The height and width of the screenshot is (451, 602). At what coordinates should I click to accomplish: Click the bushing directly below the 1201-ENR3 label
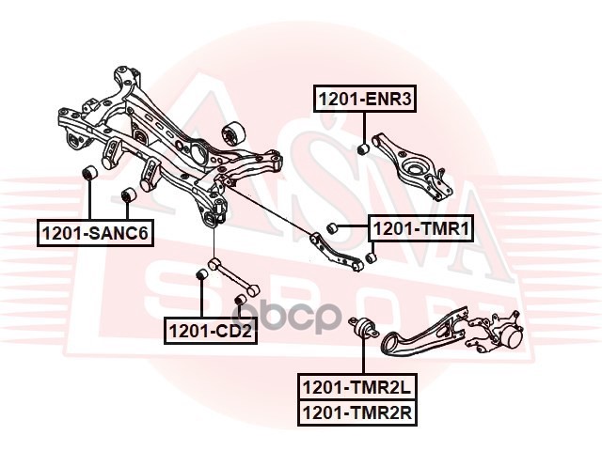coord(363,148)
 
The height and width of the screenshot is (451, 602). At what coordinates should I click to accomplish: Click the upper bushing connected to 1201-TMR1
coord(332,227)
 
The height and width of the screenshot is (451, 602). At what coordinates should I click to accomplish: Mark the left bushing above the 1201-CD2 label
coord(200,275)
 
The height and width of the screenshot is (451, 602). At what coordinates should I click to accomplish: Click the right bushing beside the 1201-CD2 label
coord(239,301)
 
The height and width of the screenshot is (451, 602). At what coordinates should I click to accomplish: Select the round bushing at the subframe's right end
coord(231,132)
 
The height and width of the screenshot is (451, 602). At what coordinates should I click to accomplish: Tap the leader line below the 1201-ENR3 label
coord(363,126)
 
